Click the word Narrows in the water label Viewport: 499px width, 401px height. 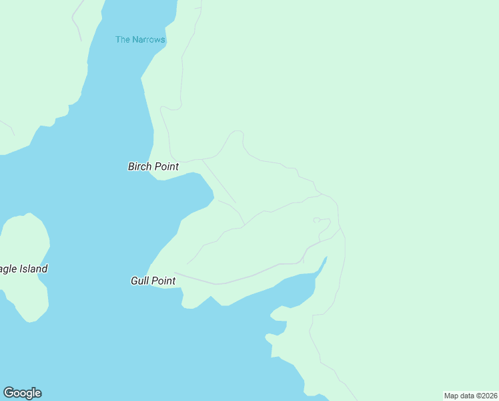pyautogui.click(x=149, y=39)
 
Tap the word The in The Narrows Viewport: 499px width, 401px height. pyautogui.click(x=123, y=39)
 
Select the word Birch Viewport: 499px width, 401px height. pyautogui.click(x=140, y=166)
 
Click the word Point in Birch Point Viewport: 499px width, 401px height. pyautogui.click(x=167, y=166)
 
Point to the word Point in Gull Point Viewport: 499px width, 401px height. pyautogui.click(x=164, y=281)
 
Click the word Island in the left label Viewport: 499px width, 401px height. pyautogui.click(x=33, y=269)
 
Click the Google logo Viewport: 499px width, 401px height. pyautogui.click(x=22, y=393)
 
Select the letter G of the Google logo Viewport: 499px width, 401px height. pyautogui.click(x=8, y=393)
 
